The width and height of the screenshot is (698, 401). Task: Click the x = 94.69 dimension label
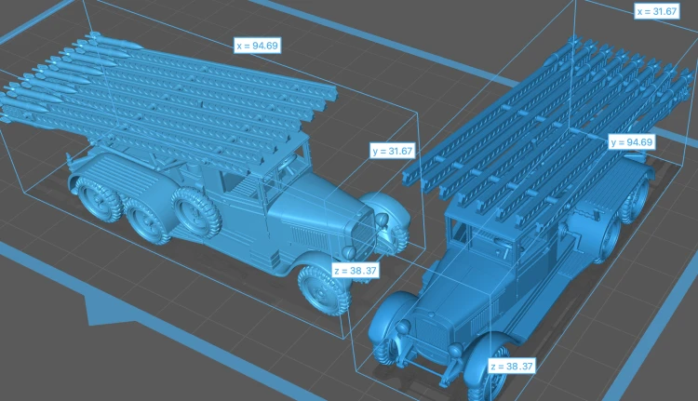[x=257, y=46]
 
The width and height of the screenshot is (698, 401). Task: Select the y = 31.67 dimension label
[x=393, y=151]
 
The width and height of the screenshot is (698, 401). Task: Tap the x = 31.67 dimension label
[x=657, y=11]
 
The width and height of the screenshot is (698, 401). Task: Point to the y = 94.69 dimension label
[x=632, y=142]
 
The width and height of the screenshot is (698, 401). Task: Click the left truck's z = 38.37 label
[x=356, y=270]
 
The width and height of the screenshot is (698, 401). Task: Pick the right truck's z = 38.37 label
[x=512, y=367]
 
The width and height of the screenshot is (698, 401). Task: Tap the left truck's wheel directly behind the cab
[x=196, y=211]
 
